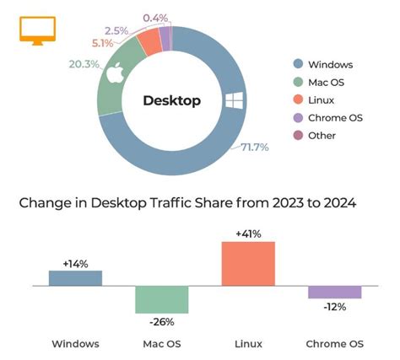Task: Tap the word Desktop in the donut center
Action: pyautogui.click(x=171, y=101)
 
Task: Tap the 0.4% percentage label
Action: pyautogui.click(x=154, y=17)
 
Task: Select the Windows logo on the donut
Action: pyautogui.click(x=233, y=100)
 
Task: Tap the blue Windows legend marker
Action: pyautogui.click(x=298, y=64)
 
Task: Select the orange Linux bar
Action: pyautogui.click(x=247, y=264)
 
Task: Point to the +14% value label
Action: pyautogui.click(x=75, y=263)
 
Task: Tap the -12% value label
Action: pyautogui.click(x=334, y=305)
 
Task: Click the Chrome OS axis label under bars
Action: pyautogui.click(x=334, y=343)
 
